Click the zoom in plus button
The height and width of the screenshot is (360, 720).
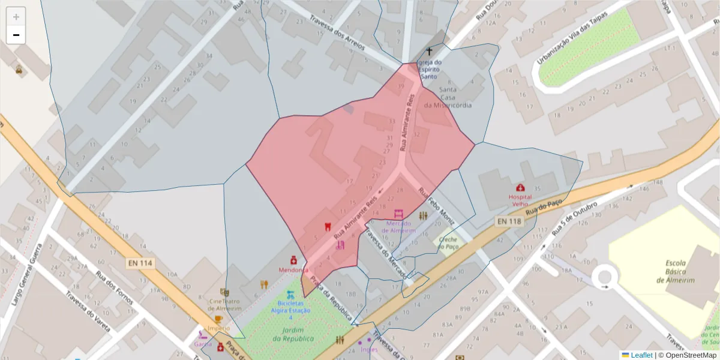point(16,17)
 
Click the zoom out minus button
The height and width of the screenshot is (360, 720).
point(16,35)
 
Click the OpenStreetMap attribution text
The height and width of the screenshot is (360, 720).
point(690,355)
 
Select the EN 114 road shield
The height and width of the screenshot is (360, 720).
point(140,263)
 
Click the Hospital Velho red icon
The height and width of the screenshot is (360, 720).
point(520,188)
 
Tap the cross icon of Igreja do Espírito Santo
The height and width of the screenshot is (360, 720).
point(429,52)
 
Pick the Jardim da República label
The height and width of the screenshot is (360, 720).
point(293,334)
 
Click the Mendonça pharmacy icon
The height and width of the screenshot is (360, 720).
point(294,260)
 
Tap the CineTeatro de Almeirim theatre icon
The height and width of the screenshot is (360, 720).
point(224,292)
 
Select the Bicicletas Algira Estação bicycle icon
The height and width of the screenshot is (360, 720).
point(290,295)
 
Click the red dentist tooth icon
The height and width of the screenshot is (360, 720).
point(328,227)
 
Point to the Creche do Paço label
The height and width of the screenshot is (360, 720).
point(448,242)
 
